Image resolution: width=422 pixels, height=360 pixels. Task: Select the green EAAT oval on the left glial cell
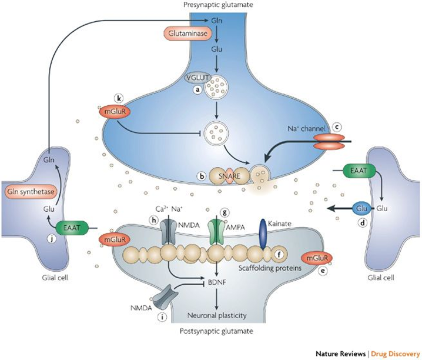72,225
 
